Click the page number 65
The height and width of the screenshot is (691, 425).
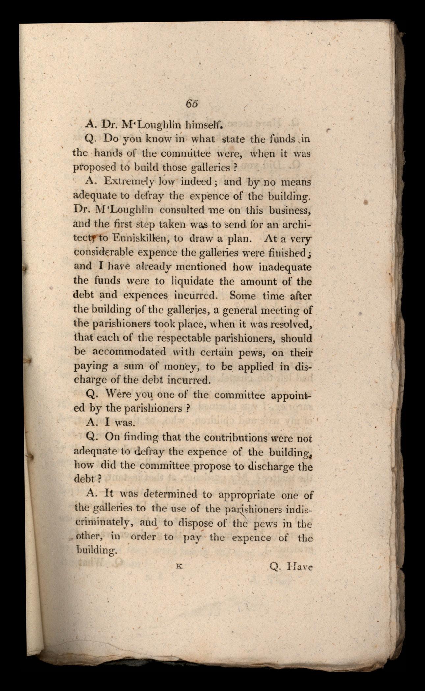(191, 103)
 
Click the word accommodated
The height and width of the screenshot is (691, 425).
(129, 352)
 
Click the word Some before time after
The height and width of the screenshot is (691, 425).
(243, 295)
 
